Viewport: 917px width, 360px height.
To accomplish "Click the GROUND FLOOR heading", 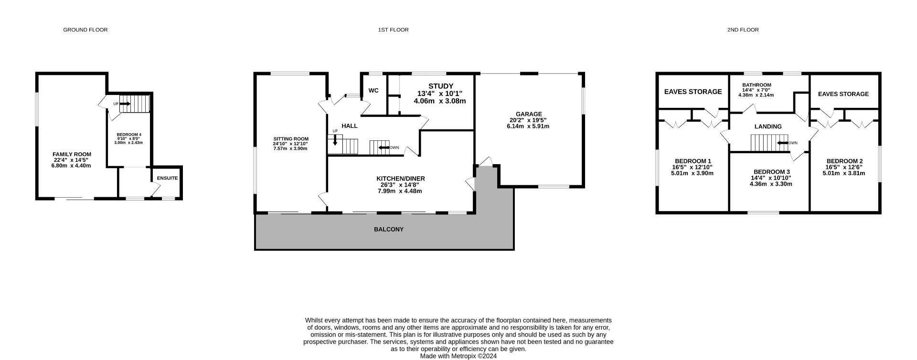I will [85, 30].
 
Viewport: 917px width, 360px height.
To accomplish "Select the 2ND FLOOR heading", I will [743, 30].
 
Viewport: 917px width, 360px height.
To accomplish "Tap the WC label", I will [373, 90].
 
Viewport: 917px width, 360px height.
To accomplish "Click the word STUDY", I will [440, 86].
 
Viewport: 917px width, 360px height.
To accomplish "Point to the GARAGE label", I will [529, 114].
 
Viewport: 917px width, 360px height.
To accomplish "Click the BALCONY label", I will [388, 229].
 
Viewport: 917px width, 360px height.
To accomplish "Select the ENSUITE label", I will [167, 178].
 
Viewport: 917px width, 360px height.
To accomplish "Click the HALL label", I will [350, 126].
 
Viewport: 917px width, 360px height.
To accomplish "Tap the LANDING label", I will [768, 127].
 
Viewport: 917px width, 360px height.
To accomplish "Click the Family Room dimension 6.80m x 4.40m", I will [71, 166].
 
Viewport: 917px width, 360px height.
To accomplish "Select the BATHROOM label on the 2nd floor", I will [757, 85].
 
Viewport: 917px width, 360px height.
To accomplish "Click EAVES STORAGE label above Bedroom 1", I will [693, 92].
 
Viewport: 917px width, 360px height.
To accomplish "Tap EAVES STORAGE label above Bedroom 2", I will [843, 94].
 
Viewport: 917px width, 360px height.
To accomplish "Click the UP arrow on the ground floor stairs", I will [125, 104].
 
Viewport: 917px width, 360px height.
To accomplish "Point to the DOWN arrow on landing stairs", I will [782, 143].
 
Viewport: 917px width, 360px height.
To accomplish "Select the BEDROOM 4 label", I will [129, 135].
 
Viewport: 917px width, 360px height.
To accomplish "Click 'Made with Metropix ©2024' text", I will [458, 356].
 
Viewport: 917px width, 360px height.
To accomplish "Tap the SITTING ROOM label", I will [290, 139].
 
